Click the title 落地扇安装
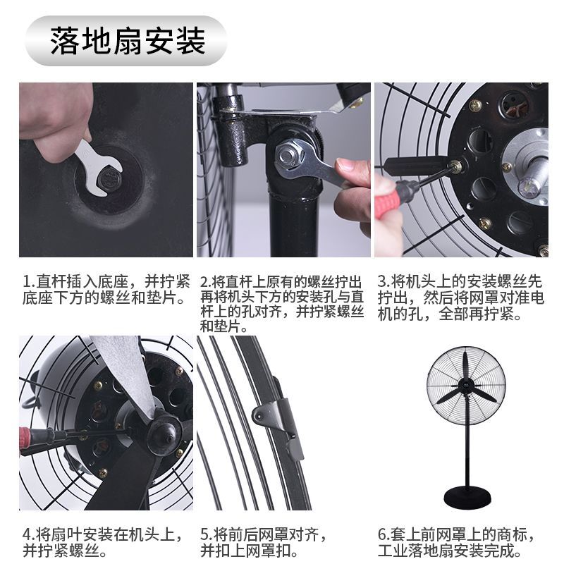pyautogui.click(x=128, y=41)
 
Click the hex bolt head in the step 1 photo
pyautogui.click(x=108, y=178)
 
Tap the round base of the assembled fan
pyautogui.click(x=467, y=496)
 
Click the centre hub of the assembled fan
pyautogui.click(x=466, y=386)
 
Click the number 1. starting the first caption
pyautogui.click(x=29, y=281)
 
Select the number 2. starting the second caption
pyautogui.click(x=206, y=281)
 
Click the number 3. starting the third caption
pyautogui.click(x=384, y=281)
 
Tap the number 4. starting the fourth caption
pyautogui.click(x=29, y=534)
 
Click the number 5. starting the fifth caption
pyautogui.click(x=207, y=534)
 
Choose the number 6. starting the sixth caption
pyautogui.click(x=384, y=534)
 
